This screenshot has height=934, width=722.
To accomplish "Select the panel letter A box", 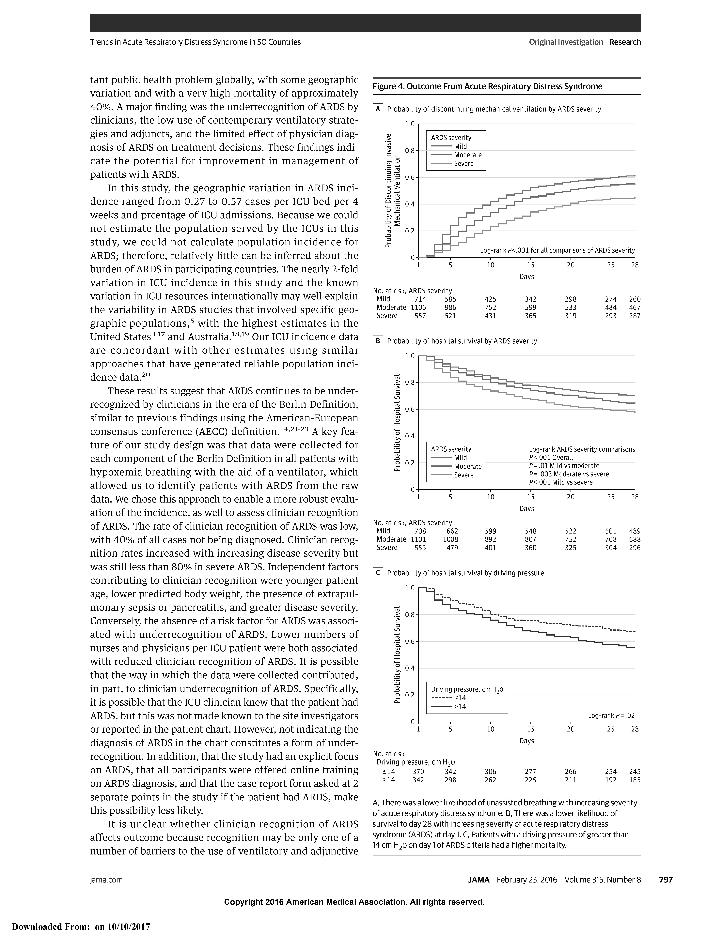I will coord(378,109).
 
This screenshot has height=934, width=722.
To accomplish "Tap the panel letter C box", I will coord(378,573).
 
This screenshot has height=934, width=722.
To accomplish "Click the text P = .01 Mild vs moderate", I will coord(564,466).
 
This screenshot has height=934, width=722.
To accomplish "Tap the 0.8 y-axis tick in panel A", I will coord(410,151).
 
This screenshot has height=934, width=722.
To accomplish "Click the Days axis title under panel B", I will coord(526,508).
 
